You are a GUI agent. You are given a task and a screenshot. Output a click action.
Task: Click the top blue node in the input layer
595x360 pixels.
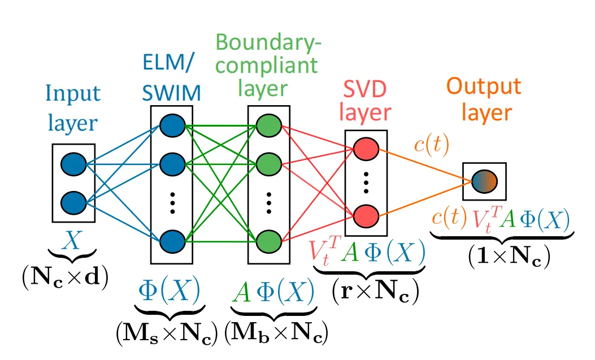pyautogui.click(x=73, y=164)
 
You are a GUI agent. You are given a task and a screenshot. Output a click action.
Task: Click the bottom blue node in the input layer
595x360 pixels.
pyautogui.click(x=73, y=201)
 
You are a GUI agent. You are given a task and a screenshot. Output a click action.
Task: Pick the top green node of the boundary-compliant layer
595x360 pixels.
pyautogui.click(x=268, y=125)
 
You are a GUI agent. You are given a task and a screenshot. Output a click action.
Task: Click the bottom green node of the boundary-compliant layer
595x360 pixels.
pyautogui.click(x=268, y=241)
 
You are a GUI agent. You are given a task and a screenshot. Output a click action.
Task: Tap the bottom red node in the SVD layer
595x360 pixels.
pyautogui.click(x=366, y=215)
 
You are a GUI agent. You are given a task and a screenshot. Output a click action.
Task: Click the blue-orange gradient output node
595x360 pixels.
pyautogui.click(x=484, y=181)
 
